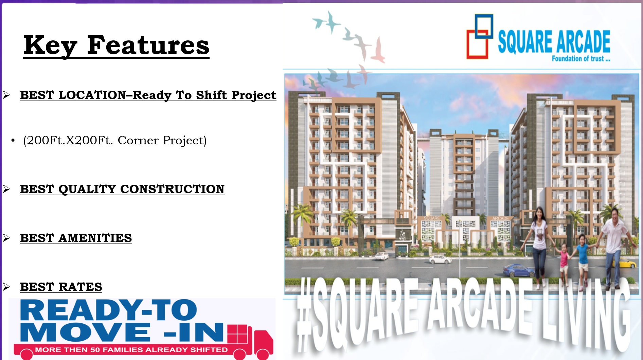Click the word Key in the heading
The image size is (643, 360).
(51, 46)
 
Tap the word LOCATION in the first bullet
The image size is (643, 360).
(92, 95)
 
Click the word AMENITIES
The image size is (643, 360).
(95, 238)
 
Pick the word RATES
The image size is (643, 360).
(81, 287)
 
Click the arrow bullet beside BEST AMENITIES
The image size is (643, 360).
(6, 238)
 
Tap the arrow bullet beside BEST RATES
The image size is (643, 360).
(6, 287)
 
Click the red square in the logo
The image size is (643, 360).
(477, 44)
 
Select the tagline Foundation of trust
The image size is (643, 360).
(581, 58)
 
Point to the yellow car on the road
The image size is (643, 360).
(627, 263)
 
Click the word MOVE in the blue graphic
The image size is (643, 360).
(85, 332)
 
